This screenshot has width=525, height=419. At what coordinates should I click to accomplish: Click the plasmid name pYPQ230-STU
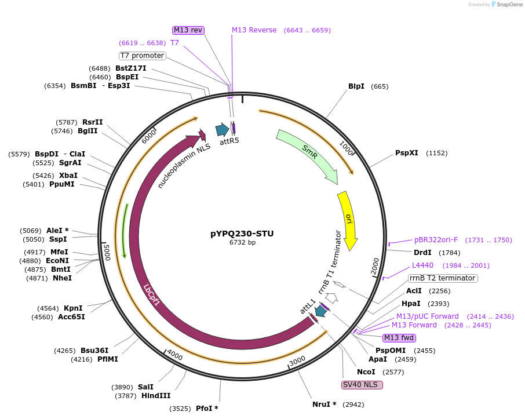[x=242, y=234]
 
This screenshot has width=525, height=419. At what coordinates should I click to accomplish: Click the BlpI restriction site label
[x=356, y=86]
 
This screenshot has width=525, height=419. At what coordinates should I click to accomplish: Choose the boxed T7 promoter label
[x=142, y=56]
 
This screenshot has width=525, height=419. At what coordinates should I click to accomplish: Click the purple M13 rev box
[x=188, y=30]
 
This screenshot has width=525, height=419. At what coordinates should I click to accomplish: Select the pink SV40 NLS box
[x=362, y=384]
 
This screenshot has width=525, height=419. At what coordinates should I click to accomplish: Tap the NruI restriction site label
[x=325, y=404]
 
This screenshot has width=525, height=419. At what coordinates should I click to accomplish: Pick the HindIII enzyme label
[x=156, y=396]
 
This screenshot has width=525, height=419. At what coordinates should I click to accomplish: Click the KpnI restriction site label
[x=73, y=308]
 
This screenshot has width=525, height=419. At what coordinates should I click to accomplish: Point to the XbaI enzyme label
[x=68, y=175]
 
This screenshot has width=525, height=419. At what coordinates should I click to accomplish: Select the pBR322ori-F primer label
[x=436, y=240]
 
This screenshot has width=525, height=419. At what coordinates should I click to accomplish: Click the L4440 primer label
[x=422, y=265]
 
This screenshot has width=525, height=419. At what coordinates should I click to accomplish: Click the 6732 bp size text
[x=242, y=243]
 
